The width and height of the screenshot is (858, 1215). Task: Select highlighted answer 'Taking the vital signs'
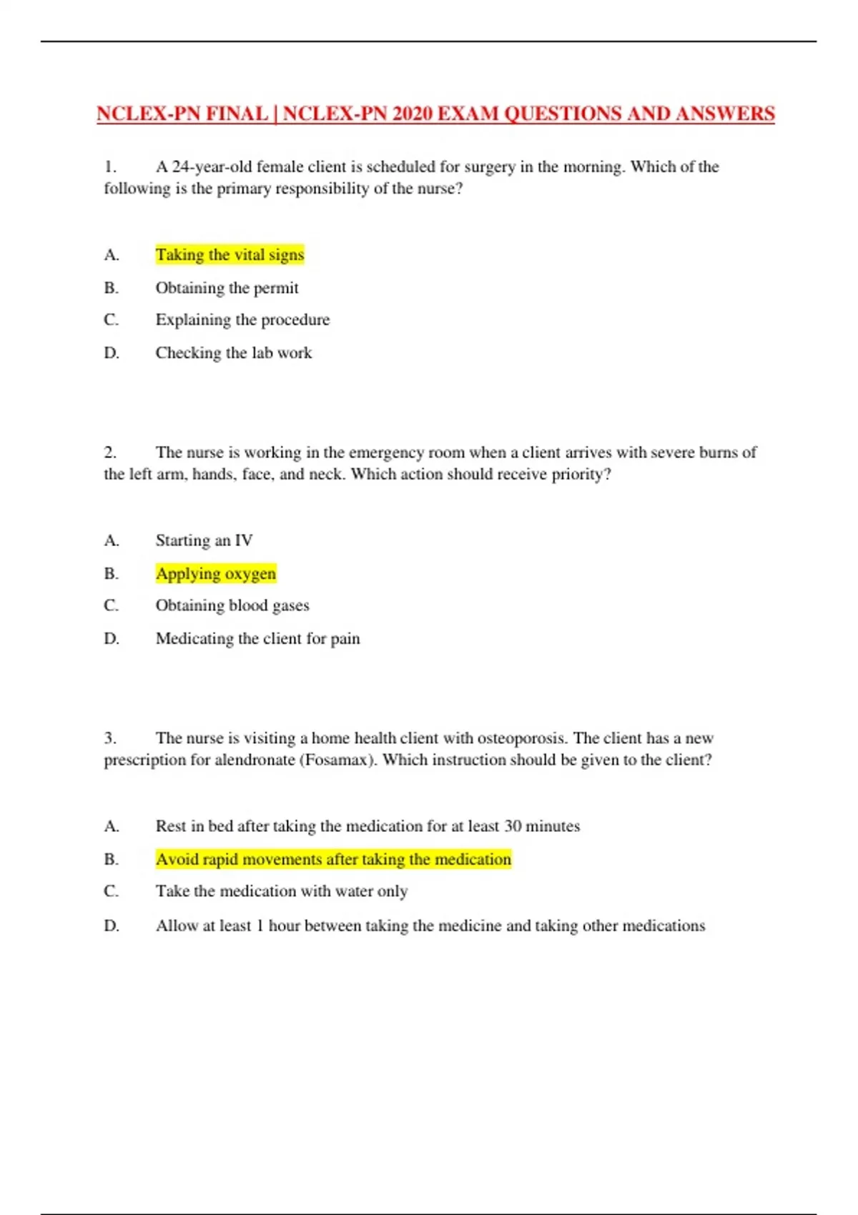pyautogui.click(x=230, y=254)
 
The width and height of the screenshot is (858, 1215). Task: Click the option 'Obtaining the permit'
pyautogui.click(x=227, y=287)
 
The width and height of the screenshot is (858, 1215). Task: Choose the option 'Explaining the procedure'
pyautogui.click(x=242, y=319)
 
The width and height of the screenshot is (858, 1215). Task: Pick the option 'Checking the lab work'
pyautogui.click(x=233, y=352)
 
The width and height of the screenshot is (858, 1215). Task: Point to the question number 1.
pyautogui.click(x=110, y=167)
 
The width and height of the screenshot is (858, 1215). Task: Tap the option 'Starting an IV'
pyautogui.click(x=204, y=540)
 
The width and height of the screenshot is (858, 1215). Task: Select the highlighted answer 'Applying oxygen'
pyautogui.click(x=215, y=573)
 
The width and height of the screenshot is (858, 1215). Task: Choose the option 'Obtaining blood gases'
pyautogui.click(x=232, y=605)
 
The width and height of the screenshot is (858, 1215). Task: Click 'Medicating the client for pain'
pyautogui.click(x=257, y=638)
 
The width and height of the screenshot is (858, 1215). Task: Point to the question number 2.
pyautogui.click(x=110, y=452)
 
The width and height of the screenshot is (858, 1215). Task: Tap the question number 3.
pyautogui.click(x=110, y=738)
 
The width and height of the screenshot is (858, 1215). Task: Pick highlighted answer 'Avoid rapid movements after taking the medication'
pyautogui.click(x=333, y=859)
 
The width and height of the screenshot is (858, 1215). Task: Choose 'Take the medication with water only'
pyautogui.click(x=282, y=891)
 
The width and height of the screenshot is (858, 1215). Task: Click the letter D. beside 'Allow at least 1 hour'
pyautogui.click(x=112, y=926)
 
